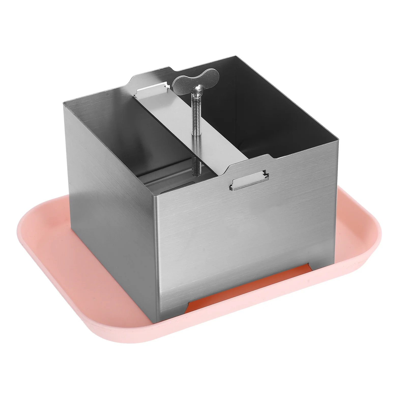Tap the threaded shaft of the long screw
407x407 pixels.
(x=197, y=132)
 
